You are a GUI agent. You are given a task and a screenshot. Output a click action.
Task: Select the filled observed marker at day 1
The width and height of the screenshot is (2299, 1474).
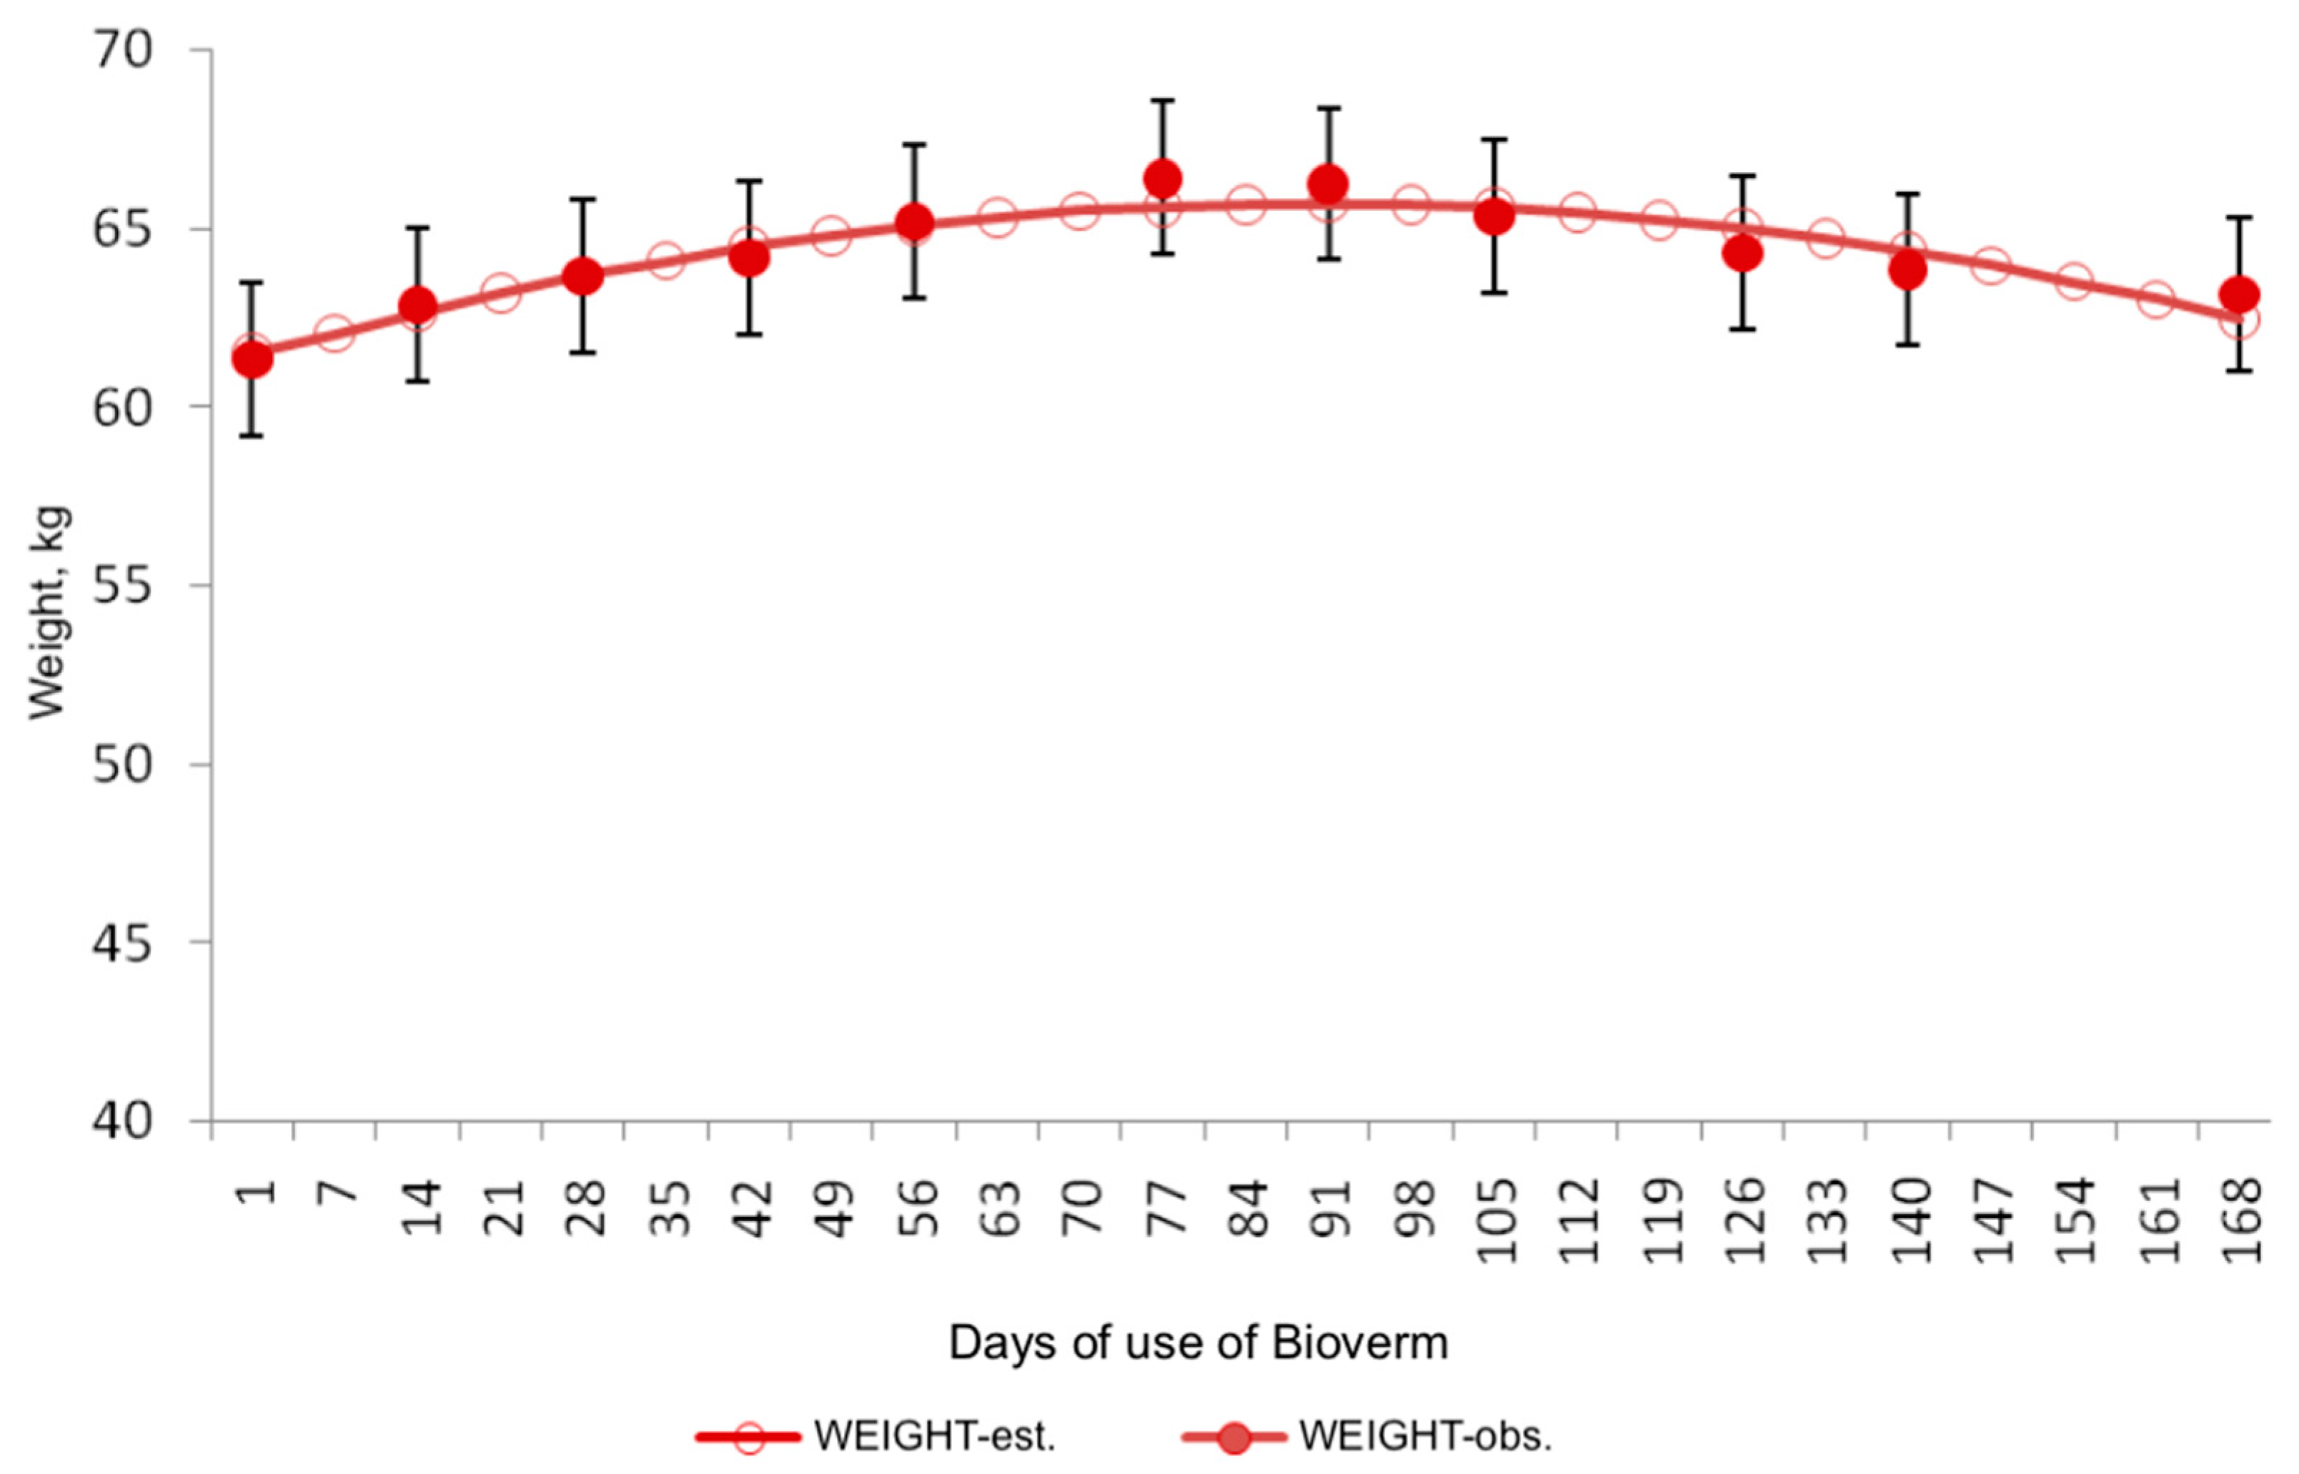252,360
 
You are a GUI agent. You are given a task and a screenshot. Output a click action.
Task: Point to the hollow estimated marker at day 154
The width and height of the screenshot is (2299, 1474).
2073,282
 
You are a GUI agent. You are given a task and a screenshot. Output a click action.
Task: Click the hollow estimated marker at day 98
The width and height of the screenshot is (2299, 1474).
1411,204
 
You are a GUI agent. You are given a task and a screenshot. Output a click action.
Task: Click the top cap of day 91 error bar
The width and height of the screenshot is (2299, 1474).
1329,108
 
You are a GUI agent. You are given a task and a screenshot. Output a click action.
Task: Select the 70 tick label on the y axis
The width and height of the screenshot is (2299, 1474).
122,50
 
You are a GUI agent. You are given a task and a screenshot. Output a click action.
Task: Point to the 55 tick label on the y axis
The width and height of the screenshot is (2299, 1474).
122,586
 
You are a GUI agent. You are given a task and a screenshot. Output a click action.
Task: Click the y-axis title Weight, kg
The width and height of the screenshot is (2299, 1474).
48,612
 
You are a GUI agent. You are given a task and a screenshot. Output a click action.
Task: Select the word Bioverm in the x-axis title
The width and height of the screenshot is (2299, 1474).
1359,1343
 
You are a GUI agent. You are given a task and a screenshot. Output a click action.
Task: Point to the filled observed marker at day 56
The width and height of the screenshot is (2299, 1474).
914,222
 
